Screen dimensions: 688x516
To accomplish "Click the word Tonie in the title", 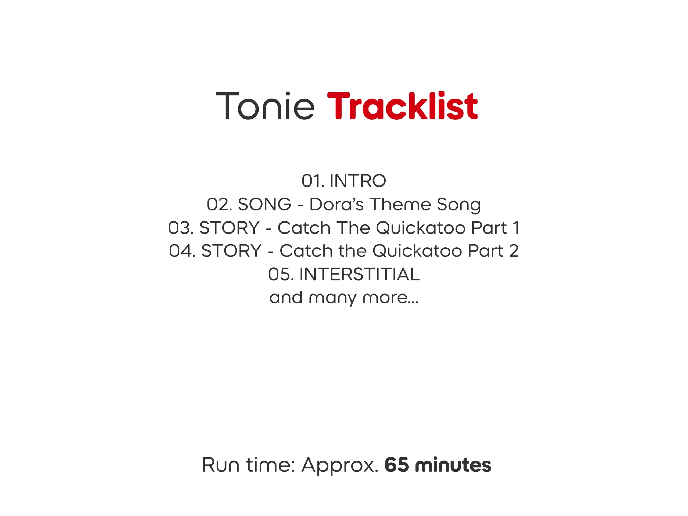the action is (265, 105).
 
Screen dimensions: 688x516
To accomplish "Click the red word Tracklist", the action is (402, 105).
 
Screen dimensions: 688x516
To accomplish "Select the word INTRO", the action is (358, 181).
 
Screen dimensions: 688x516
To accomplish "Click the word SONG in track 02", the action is (264, 204).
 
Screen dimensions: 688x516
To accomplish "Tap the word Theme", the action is (400, 204).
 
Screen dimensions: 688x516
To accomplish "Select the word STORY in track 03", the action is (229, 228).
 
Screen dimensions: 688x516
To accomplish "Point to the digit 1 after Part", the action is (516, 228).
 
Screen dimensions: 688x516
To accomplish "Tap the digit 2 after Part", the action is (514, 251).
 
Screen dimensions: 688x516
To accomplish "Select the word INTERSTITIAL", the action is (359, 274).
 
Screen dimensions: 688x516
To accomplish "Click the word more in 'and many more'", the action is (391, 298).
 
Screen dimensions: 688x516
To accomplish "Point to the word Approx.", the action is (340, 465).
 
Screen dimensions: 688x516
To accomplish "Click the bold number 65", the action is (397, 465).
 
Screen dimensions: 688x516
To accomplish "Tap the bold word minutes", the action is (453, 465).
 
